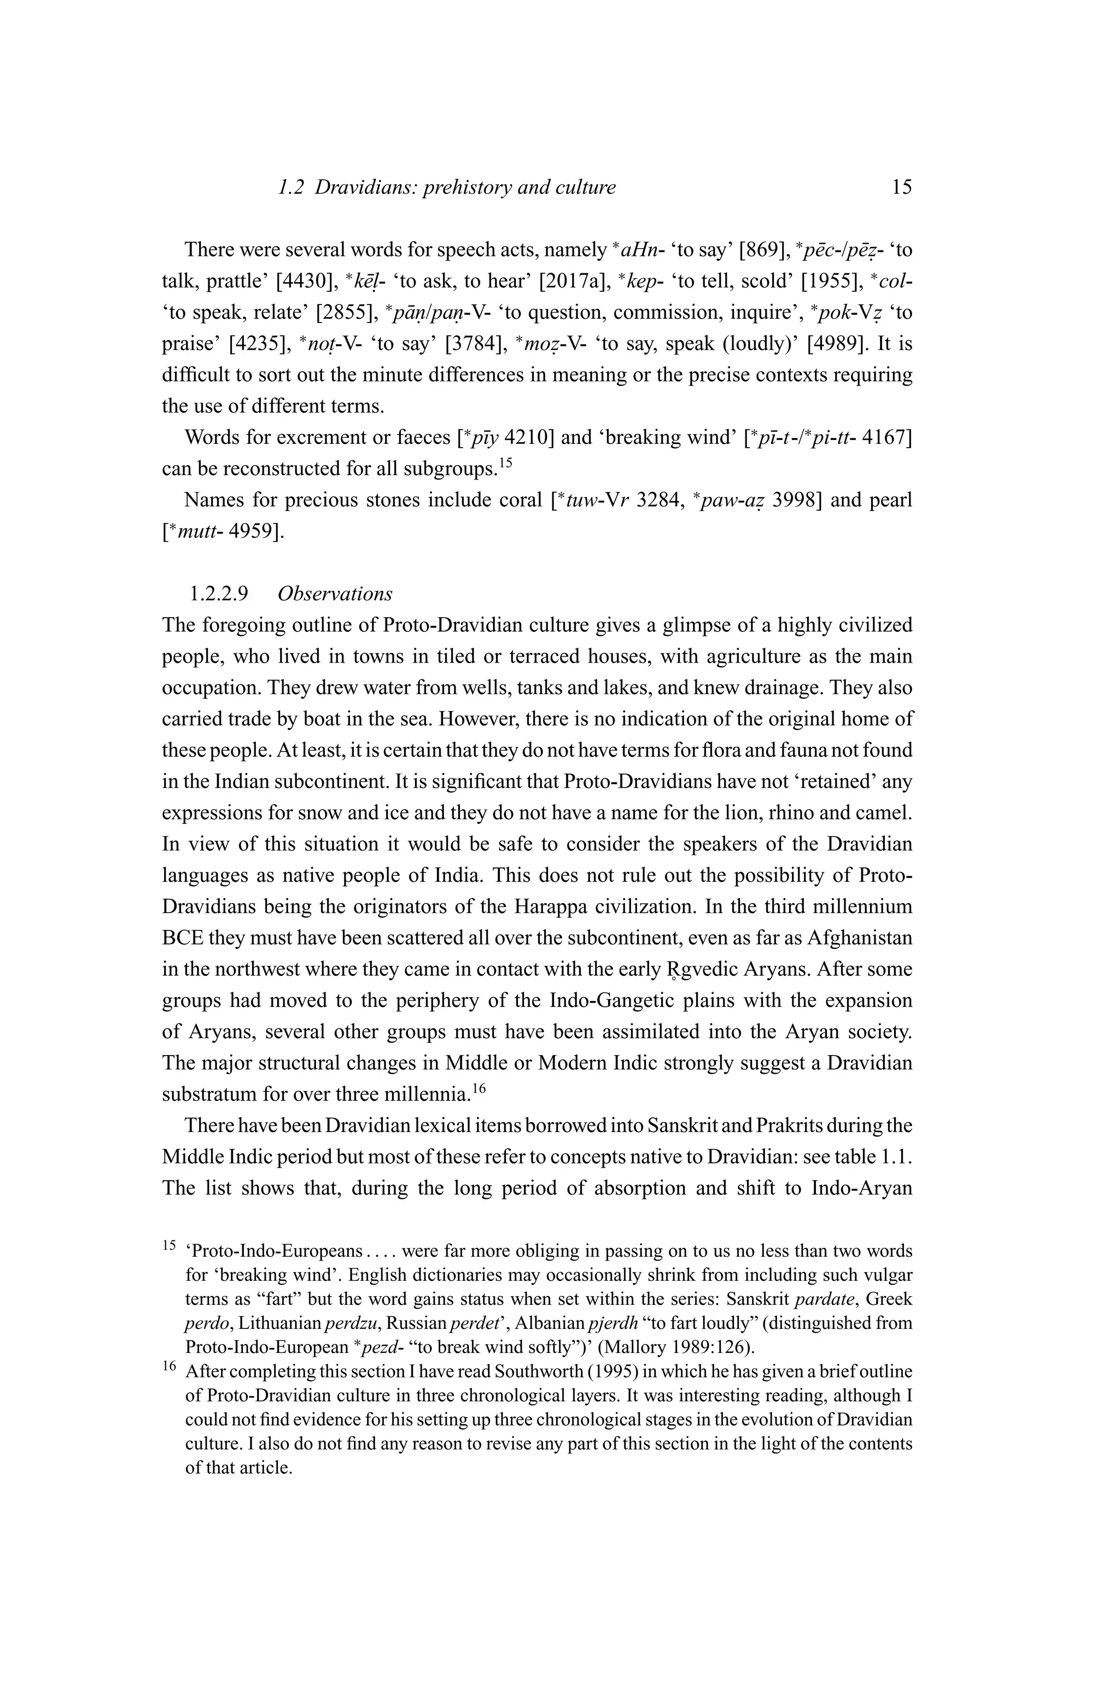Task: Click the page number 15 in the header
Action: [901, 188]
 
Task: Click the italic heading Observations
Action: [335, 594]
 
